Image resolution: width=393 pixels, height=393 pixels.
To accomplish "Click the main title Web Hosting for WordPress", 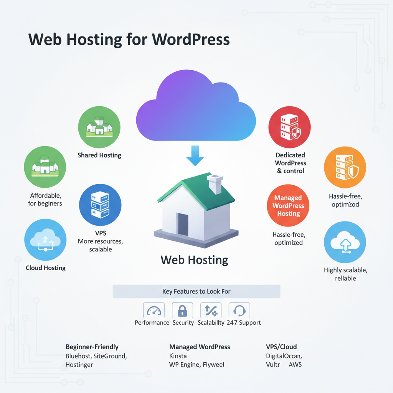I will [x=129, y=40].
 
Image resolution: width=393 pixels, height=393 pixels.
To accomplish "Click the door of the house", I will [x=183, y=224].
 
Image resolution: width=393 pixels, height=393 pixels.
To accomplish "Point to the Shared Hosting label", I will [x=99, y=155].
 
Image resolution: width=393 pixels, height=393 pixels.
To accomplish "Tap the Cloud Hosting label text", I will [x=46, y=268].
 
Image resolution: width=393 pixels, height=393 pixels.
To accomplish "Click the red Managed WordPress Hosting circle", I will [x=288, y=206].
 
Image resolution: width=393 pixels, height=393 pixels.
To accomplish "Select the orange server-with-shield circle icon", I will [x=345, y=169].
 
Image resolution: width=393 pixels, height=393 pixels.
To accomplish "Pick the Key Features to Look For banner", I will [x=196, y=292].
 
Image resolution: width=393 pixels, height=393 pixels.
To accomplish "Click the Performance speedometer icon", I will [x=154, y=310].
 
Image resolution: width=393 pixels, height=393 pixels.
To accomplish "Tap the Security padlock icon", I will [x=182, y=310].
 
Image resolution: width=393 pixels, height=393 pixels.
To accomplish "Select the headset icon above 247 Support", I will [x=239, y=310].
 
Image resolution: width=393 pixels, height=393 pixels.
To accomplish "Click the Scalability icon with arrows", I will [x=211, y=310].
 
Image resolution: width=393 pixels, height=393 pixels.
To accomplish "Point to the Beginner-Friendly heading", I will [x=92, y=347].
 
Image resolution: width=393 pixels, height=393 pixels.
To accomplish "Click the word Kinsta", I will [x=178, y=356].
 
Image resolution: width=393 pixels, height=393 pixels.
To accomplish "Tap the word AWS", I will [x=295, y=365].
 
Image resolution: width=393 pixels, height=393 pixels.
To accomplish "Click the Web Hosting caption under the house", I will [x=194, y=260].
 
